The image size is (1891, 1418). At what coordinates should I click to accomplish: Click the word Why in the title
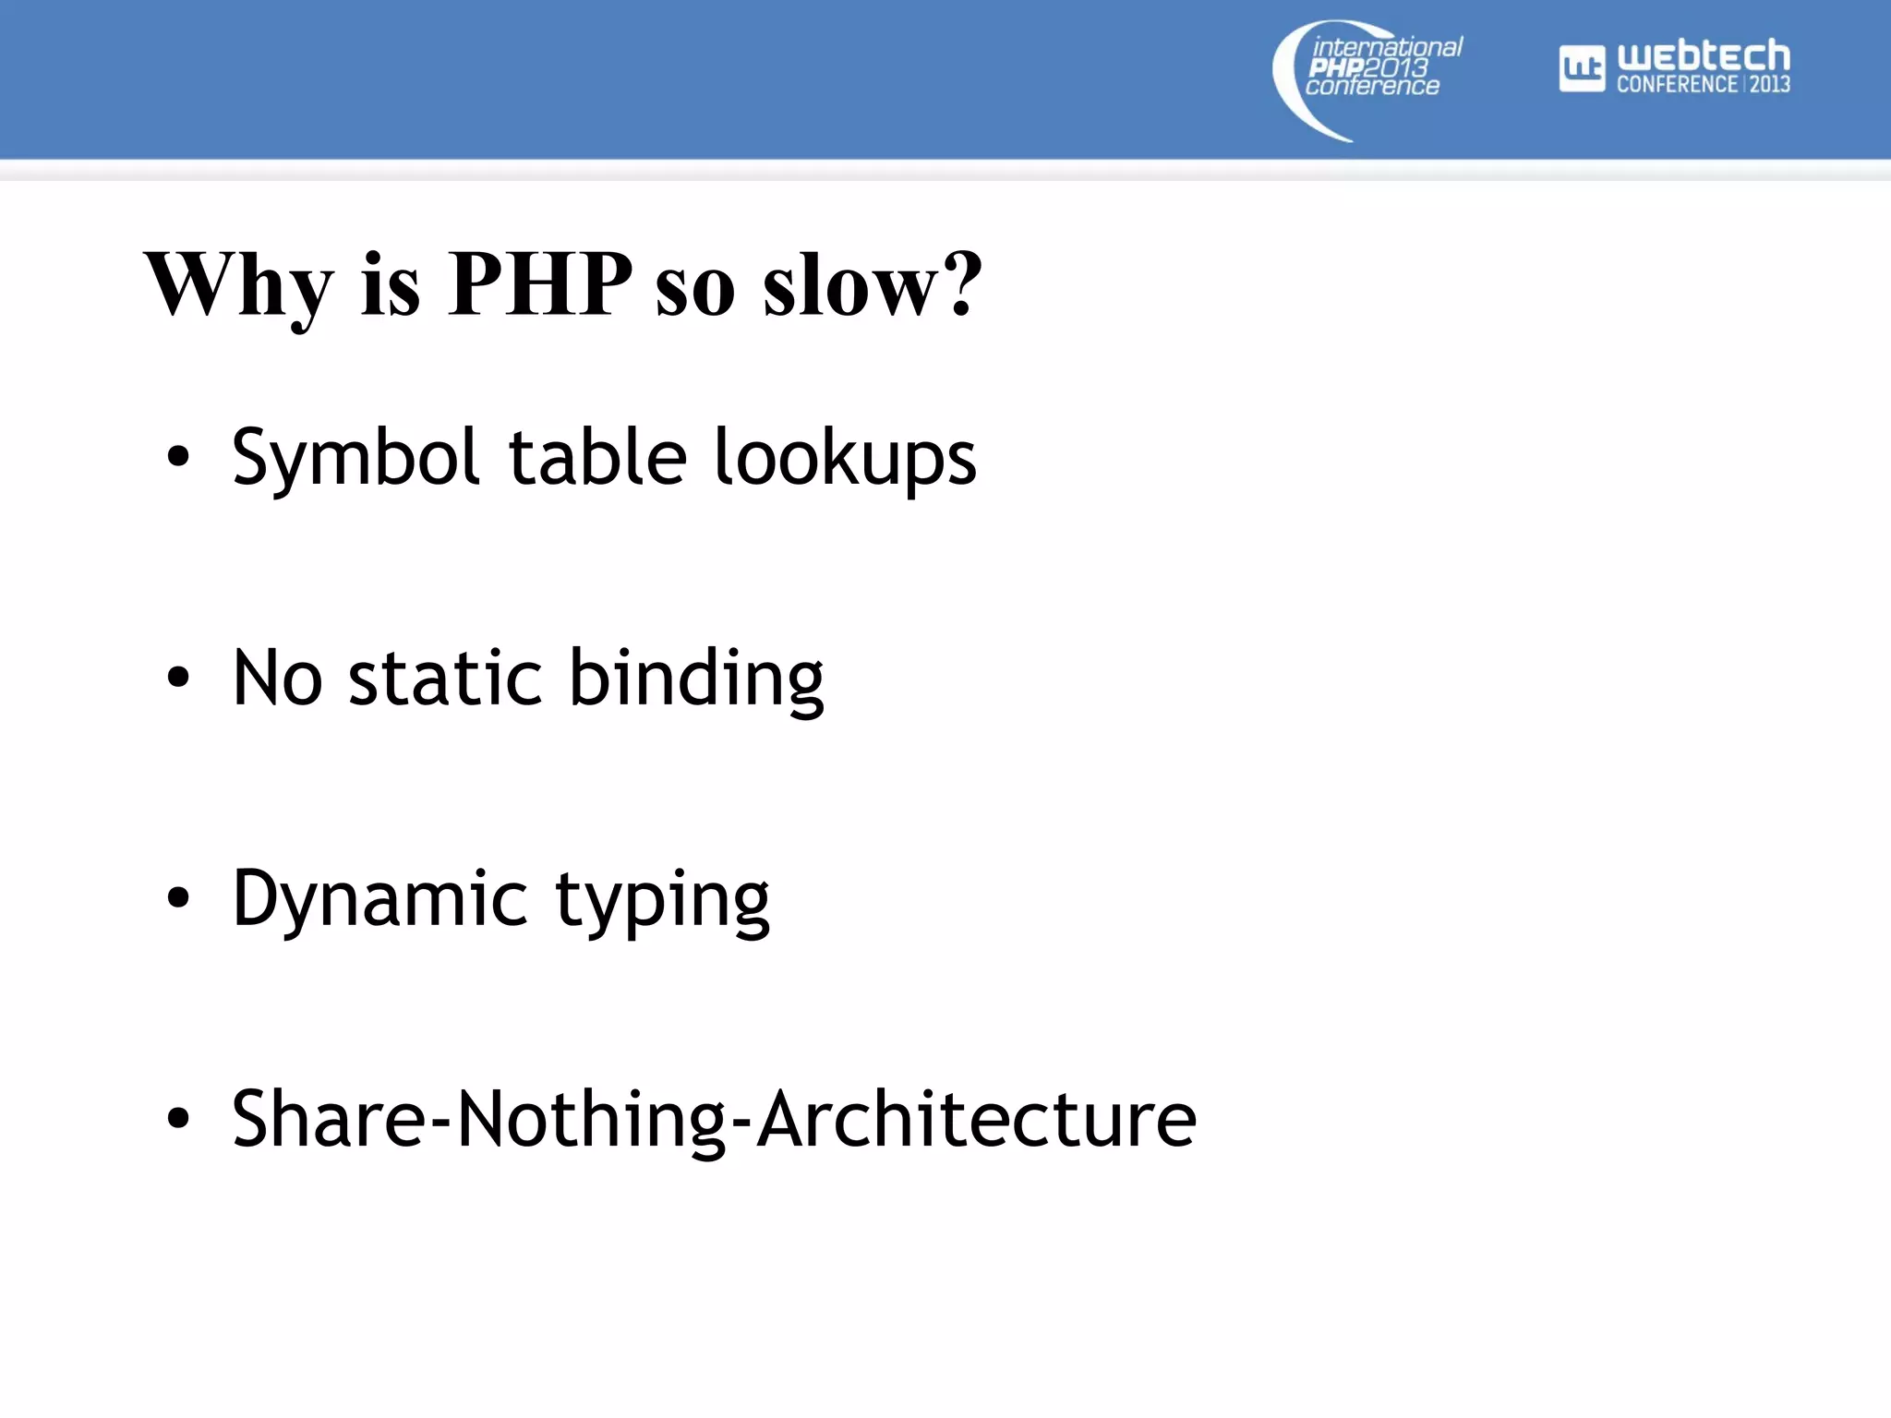(238, 286)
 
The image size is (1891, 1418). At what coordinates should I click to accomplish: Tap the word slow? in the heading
(872, 286)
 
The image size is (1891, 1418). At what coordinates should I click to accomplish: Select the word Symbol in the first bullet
(355, 458)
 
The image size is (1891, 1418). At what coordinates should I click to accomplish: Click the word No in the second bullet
(277, 679)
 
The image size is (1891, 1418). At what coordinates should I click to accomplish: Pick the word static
(445, 679)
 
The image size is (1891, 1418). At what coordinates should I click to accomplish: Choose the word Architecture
(976, 1119)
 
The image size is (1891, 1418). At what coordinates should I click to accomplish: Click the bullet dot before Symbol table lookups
(178, 457)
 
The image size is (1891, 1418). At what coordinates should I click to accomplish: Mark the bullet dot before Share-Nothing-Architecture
(178, 1119)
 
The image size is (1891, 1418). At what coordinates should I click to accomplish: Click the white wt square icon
(1582, 69)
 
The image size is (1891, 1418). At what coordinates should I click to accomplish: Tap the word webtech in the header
(1703, 56)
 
